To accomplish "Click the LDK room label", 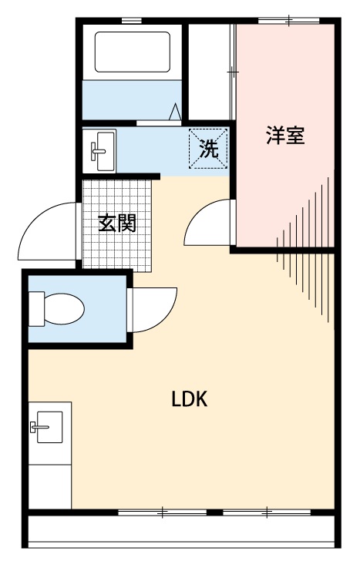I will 190,399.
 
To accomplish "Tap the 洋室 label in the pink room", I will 285,136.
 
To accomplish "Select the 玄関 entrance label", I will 117,224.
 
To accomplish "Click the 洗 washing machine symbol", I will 209,149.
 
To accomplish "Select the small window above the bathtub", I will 132,21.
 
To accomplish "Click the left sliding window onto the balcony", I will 163,511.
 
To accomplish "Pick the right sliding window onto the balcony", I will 267,511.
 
